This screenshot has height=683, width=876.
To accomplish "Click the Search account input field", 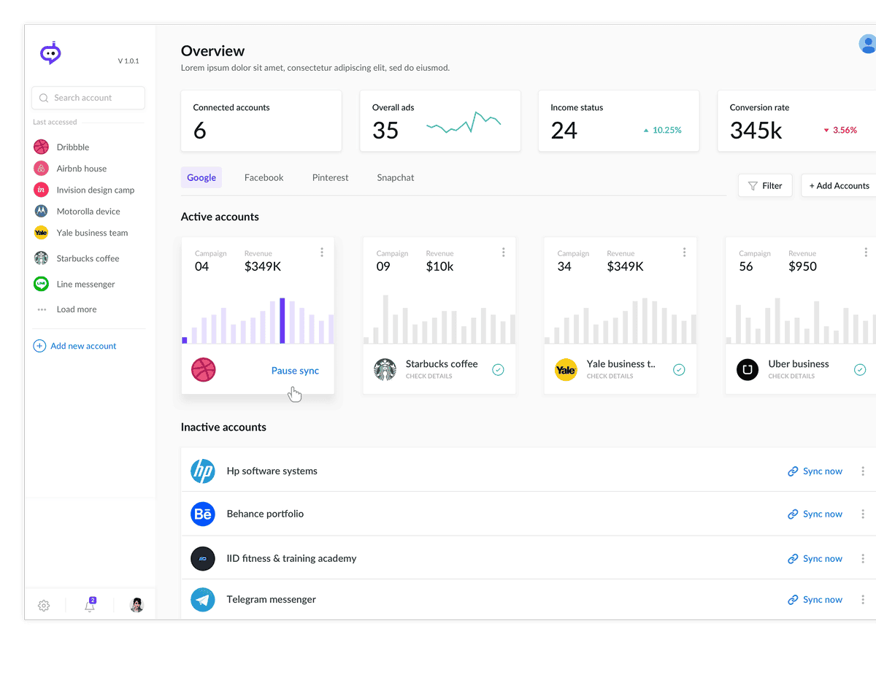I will coord(88,98).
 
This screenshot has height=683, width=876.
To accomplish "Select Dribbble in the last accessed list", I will coord(72,147).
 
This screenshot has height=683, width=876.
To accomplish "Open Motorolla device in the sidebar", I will coord(88,212).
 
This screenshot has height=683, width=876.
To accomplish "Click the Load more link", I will coord(76,309).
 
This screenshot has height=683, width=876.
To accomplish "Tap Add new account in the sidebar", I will coord(82,346).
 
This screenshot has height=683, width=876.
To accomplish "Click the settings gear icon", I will coord(44,606).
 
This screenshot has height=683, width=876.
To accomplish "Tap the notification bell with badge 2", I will coord(90,606).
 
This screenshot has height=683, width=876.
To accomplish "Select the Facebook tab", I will coord(264,177).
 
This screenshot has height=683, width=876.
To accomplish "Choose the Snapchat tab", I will coord(395,177).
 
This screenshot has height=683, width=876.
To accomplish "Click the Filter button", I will coord(764,185).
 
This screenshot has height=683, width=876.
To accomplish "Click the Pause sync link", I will coord(295,371).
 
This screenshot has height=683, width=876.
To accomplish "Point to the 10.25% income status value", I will coord(666,130).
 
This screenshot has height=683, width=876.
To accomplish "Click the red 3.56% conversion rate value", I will coord(844,130).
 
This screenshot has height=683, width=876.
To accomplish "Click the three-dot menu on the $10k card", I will coord(503,252).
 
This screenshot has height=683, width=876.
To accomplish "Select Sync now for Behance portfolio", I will coord(815,514).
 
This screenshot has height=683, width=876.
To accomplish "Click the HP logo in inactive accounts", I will coord(202,471).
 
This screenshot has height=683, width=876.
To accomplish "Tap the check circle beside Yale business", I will coord(679,370).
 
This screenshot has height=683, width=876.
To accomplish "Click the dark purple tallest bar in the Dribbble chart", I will coord(282,320).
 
